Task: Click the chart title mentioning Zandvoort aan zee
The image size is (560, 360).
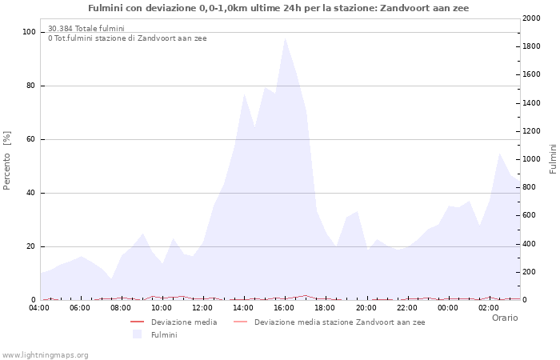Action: tap(278, 8)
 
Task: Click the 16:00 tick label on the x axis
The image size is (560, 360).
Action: tap(284, 307)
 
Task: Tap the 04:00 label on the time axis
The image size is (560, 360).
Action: tap(39, 307)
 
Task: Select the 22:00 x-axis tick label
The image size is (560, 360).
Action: tap(406, 307)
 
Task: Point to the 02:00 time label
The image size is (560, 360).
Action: tap(488, 307)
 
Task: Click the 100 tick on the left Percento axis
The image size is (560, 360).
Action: tap(29, 32)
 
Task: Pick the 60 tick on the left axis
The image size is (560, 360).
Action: tap(31, 139)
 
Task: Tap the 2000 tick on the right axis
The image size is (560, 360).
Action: tap(534, 18)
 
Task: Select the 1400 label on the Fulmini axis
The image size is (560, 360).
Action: tap(534, 103)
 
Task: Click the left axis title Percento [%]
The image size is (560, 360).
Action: tap(8, 160)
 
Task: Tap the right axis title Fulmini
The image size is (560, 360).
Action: tap(552, 159)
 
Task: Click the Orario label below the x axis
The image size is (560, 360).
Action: tap(504, 318)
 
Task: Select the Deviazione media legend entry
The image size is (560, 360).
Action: tap(184, 322)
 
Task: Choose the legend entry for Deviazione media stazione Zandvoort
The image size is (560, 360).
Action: tap(339, 322)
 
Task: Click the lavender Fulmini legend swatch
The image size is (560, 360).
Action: tap(138, 334)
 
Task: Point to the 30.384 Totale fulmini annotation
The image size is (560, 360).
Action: tap(86, 29)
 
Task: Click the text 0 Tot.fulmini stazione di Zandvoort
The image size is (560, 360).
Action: tap(127, 38)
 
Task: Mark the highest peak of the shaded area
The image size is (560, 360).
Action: tap(285, 38)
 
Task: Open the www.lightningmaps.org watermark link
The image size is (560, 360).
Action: tap(46, 354)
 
